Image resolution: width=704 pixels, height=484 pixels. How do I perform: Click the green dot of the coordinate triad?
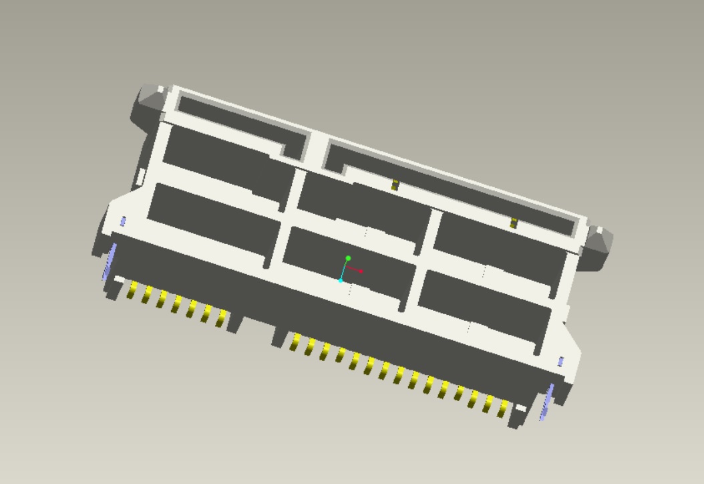[x=348, y=257]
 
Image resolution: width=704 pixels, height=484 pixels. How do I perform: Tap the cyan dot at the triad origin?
[x=341, y=280]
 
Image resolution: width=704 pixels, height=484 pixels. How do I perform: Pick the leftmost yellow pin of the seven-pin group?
[x=132, y=290]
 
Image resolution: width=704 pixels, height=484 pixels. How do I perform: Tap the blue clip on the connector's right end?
[x=546, y=401]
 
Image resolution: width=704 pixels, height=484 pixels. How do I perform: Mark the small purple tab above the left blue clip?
[x=123, y=221]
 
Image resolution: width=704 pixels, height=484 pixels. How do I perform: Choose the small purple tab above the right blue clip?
[x=561, y=362]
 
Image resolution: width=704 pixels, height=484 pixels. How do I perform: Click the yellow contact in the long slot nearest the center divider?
[x=395, y=185]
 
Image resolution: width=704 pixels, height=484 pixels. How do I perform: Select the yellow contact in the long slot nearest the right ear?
[x=513, y=223]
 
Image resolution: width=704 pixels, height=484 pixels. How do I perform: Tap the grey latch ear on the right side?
[x=599, y=246]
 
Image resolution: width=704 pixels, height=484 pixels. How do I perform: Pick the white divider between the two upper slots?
[x=318, y=147]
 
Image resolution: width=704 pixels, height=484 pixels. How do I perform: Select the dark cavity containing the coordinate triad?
[x=347, y=267]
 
